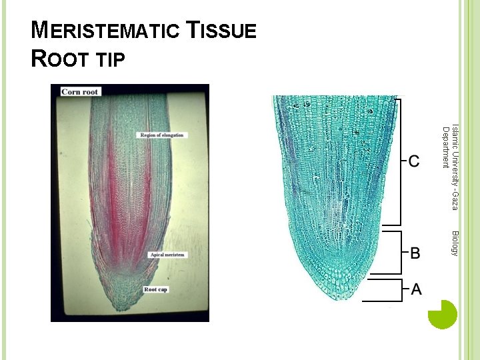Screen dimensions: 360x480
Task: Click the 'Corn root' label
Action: tap(80, 91)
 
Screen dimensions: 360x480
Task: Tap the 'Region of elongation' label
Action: tap(161, 135)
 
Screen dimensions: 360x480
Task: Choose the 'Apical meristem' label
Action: tap(167, 255)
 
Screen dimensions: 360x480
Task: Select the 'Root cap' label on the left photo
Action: tap(155, 289)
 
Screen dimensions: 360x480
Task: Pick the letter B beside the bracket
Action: tap(415, 253)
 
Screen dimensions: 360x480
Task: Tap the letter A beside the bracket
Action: tap(416, 289)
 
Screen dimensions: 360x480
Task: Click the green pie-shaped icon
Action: tap(442, 314)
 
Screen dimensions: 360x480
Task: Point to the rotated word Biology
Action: tap(455, 243)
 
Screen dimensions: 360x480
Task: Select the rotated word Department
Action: tap(445, 147)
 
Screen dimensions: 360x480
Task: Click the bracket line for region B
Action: tap(401, 253)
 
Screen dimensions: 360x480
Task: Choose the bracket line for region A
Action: tap(402, 289)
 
